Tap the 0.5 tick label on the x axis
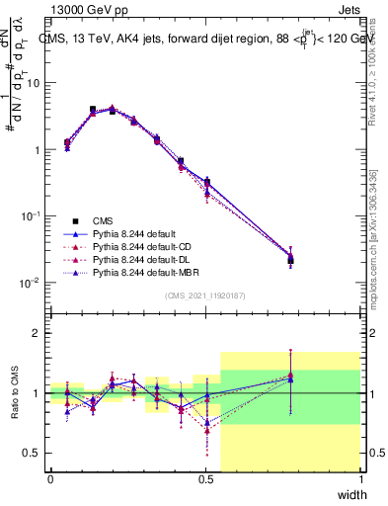(205, 479)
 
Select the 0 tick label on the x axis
(50, 479)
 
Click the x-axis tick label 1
(360, 479)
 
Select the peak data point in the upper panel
(93, 110)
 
